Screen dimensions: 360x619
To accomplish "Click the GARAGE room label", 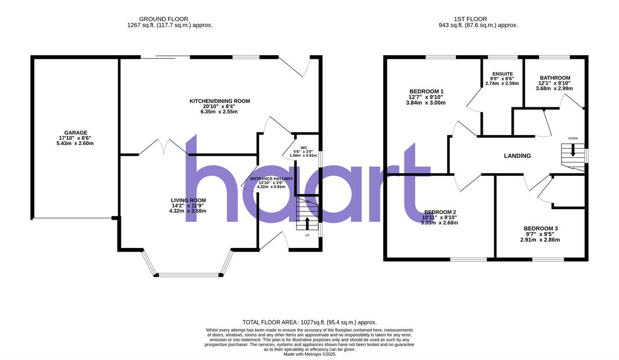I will coord(76,133).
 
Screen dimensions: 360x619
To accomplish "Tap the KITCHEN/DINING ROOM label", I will coord(219,101).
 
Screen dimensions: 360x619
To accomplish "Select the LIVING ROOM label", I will coord(188,200).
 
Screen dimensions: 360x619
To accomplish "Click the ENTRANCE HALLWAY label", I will coord(271,179).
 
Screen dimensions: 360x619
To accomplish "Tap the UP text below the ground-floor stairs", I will coord(307,235).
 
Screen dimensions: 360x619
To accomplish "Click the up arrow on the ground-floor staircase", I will coord(307,223).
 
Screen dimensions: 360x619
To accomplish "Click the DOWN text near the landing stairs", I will coord(573,138).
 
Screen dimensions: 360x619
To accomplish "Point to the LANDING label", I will coord(517,156).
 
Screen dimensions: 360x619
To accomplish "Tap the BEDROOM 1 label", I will coord(425,91).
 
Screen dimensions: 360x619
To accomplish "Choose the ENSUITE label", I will coord(501,73).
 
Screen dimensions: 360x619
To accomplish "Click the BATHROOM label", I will coord(554,78).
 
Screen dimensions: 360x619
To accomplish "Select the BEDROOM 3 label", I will coord(540,228).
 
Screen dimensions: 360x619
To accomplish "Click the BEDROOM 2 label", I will coord(440,212).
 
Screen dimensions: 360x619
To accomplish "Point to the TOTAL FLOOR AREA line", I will coord(309,322).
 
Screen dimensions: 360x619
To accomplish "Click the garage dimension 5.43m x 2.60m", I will coord(76,143).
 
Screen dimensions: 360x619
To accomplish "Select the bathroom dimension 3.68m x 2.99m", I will coord(554,88).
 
